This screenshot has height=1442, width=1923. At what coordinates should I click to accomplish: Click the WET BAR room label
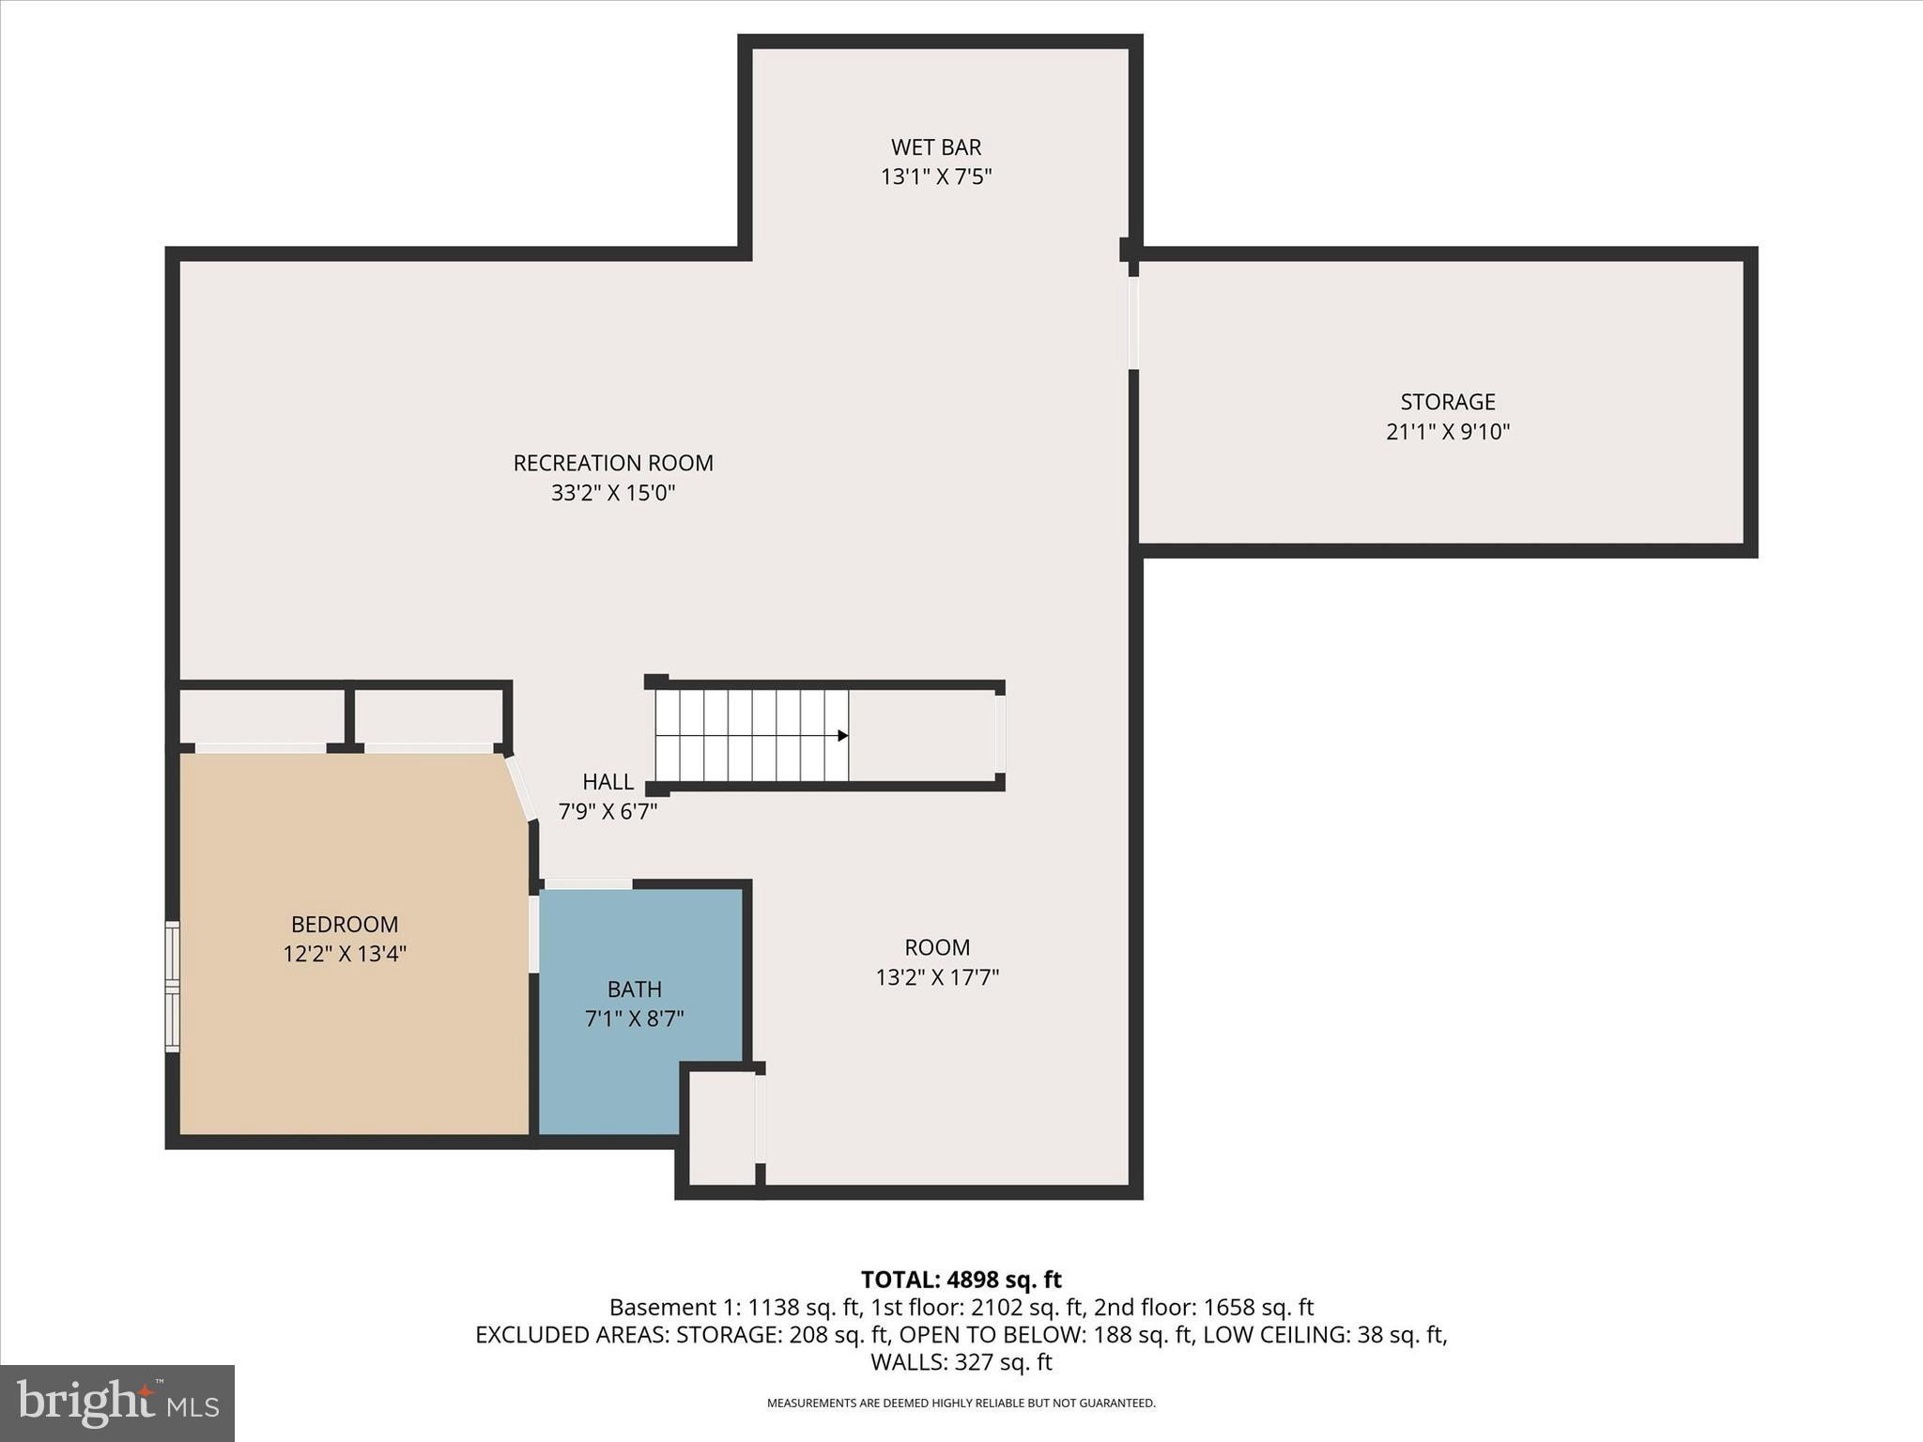coord(936,147)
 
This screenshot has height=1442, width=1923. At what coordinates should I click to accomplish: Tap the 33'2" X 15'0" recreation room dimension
coord(613,493)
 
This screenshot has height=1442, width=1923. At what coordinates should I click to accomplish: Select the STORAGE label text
coord(1448,402)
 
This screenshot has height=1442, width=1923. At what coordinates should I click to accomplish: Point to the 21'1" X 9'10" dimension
coord(1448,432)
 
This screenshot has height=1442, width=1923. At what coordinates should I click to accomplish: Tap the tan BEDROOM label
coord(345,925)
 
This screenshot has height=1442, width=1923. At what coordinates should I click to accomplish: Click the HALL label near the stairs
coord(608,782)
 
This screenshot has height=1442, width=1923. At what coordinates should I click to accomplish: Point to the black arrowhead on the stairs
coord(842,735)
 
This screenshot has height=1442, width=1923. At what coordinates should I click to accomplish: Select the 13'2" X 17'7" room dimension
coord(937,977)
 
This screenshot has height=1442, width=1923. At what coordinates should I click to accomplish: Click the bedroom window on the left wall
coord(172,986)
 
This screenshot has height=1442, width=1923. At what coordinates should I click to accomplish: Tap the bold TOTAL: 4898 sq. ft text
coord(961,1280)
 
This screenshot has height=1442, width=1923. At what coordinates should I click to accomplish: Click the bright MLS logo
coord(117,1403)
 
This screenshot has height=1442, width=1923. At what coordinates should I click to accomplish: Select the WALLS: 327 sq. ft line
coord(961,1362)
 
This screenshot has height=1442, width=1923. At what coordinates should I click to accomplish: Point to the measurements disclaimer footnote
coord(961,1404)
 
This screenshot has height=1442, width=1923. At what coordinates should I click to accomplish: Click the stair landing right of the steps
coord(922,735)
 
